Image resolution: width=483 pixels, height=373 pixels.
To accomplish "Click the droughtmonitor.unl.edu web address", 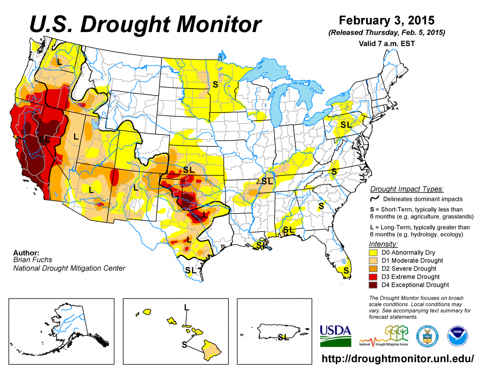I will pyautogui.click(x=397, y=359).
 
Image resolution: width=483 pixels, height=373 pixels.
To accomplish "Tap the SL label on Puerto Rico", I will pyautogui.click(x=283, y=337).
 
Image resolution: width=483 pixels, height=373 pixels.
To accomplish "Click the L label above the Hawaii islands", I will pyautogui.click(x=187, y=307).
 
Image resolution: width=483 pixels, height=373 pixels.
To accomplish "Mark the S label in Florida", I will pyautogui.click(x=346, y=270).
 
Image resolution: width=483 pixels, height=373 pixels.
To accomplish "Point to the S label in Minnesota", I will pyautogui.click(x=215, y=84).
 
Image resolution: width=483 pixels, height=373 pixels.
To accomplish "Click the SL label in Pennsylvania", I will pyautogui.click(x=346, y=125).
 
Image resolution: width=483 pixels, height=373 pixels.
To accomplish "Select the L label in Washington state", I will pyautogui.click(x=59, y=61).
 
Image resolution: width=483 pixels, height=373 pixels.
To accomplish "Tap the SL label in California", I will pyautogui.click(x=44, y=139).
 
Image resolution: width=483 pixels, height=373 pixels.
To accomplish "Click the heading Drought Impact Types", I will pyautogui.click(x=407, y=189).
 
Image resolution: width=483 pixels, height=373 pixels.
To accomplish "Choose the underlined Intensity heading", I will pyautogui.click(x=383, y=244).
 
